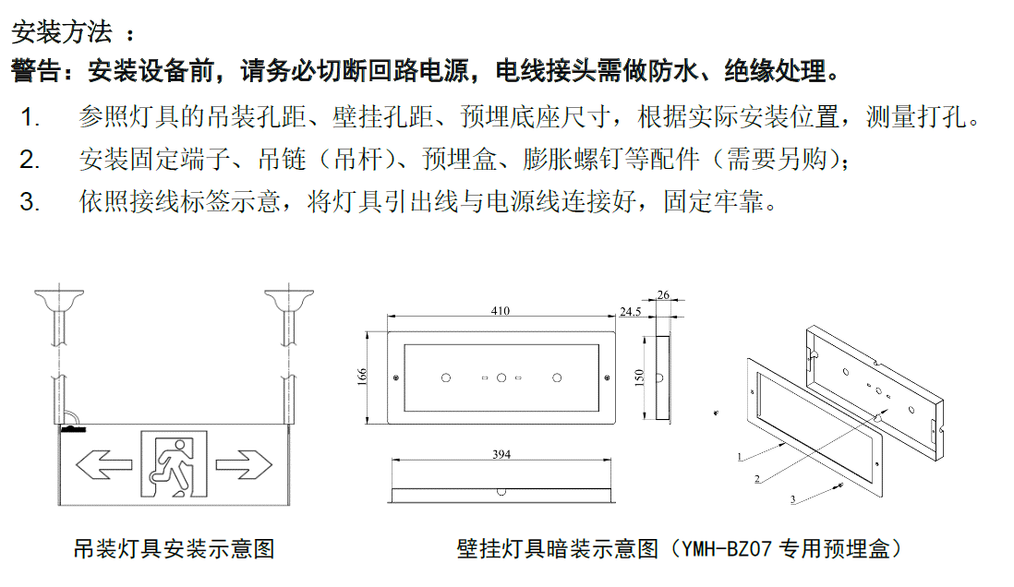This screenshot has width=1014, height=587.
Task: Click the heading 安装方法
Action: tap(62, 31)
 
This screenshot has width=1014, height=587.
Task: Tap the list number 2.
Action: tap(30, 160)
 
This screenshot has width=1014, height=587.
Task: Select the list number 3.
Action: tap(30, 202)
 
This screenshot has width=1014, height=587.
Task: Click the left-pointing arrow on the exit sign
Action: tap(103, 465)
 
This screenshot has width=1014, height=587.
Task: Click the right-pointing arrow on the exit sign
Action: tap(244, 465)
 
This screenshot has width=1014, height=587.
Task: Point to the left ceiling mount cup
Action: tap(59, 300)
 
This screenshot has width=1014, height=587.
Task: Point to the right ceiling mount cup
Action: tap(289, 300)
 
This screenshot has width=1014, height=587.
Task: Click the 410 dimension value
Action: tap(501, 311)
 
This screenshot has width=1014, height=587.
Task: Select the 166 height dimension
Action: tap(362, 377)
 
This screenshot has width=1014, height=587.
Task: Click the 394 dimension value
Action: tap(501, 454)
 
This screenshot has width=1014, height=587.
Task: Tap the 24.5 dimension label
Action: tap(631, 312)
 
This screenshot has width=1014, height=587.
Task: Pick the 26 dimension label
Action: tap(663, 294)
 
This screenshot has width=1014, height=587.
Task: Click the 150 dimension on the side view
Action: tap(639, 377)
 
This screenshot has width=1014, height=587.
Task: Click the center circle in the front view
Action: tap(501, 377)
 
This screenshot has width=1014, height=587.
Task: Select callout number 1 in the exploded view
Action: tap(740, 457)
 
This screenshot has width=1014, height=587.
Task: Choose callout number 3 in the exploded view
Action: tap(793, 499)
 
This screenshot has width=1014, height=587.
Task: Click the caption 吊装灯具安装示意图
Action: tap(175, 549)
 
